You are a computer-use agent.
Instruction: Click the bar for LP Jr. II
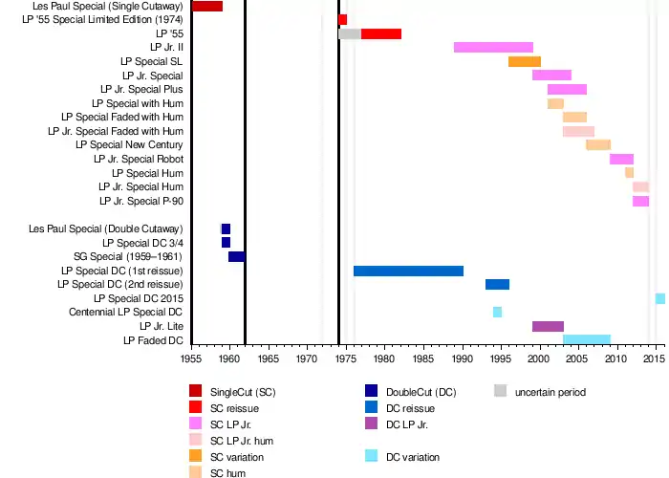click(493, 47)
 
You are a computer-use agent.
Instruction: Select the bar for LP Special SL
click(525, 61)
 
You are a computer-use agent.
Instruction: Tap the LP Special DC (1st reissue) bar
click(408, 271)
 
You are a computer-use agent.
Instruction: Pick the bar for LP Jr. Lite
click(548, 326)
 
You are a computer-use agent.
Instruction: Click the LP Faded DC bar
click(587, 339)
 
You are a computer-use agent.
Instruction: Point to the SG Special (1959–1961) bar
click(236, 256)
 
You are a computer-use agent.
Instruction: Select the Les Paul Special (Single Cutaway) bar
click(207, 6)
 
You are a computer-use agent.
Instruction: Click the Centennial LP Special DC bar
click(497, 312)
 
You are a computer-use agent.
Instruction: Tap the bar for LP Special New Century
click(598, 144)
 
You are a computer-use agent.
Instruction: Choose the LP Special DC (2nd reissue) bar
click(497, 284)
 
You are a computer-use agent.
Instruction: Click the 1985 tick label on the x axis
click(422, 358)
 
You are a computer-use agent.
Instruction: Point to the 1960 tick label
click(229, 358)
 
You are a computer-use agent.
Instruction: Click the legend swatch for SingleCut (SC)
click(196, 391)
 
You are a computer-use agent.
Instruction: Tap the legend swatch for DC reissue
click(372, 407)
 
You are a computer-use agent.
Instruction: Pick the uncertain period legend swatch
click(501, 391)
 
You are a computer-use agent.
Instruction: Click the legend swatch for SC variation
click(196, 456)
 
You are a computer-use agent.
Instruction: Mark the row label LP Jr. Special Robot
click(139, 159)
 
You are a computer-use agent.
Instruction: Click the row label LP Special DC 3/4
click(142, 243)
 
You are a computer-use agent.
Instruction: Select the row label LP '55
click(170, 33)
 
